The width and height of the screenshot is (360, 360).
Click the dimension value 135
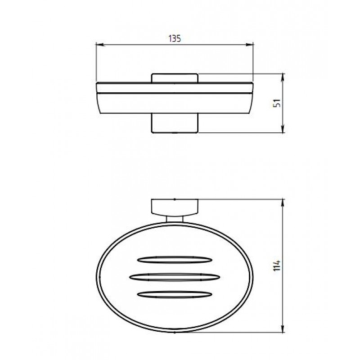pos(175,39)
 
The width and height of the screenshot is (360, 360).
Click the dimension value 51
pos(277,103)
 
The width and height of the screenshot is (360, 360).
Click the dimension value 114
pos(277,265)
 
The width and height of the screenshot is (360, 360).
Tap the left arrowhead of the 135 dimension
pos(100,45)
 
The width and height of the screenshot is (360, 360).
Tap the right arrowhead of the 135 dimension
pos(249,45)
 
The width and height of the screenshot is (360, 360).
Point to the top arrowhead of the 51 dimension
pos(283,78)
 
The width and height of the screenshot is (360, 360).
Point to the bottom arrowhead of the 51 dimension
pos(283,128)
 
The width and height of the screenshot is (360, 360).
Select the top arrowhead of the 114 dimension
pos(283,204)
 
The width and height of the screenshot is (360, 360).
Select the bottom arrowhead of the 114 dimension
pos(283,328)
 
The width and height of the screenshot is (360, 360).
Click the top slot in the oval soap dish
pos(175,260)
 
